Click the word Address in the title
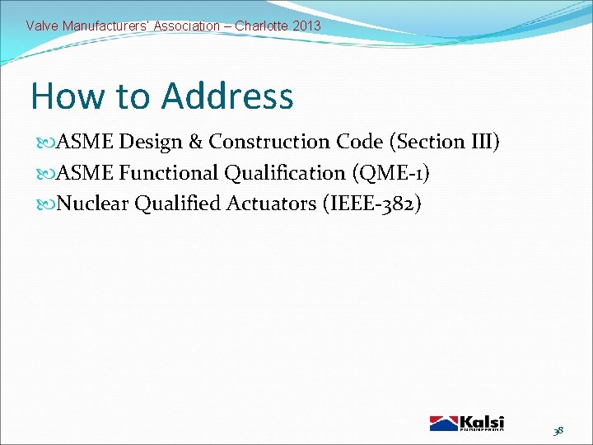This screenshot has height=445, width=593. pos(226,96)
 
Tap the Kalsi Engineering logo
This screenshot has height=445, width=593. pos(467,423)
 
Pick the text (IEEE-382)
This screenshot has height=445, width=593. pos(375,204)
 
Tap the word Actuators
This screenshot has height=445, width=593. pos(269,204)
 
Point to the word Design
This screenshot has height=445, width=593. pos(152,142)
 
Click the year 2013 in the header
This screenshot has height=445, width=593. pos(306,26)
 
